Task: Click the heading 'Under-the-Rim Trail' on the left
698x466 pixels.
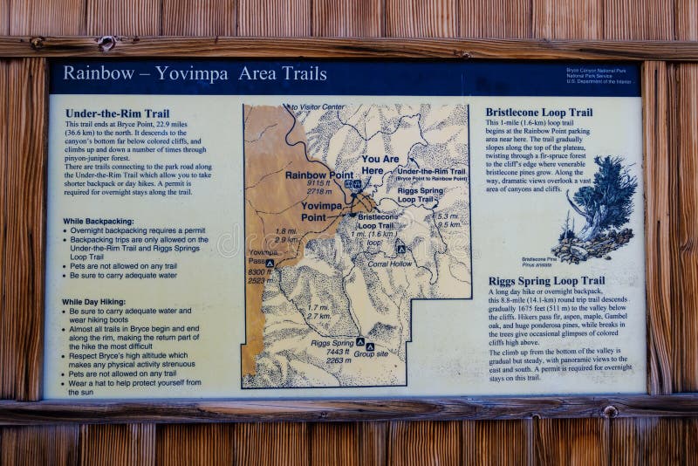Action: point(117,113)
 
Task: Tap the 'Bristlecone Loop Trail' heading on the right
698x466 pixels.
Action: point(538,113)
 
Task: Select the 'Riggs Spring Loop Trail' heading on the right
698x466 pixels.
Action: point(544,281)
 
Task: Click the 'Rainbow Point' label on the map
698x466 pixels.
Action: point(318,175)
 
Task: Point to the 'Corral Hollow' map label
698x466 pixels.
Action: point(389,263)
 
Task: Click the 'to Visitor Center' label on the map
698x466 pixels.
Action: point(318,107)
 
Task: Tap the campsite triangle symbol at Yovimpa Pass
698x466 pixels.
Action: point(270,263)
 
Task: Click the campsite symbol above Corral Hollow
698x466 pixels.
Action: point(400,250)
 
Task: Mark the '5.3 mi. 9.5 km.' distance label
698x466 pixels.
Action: point(448,220)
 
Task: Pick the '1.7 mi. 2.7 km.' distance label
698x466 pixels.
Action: point(318,312)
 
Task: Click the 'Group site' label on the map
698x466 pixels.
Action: point(370,354)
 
